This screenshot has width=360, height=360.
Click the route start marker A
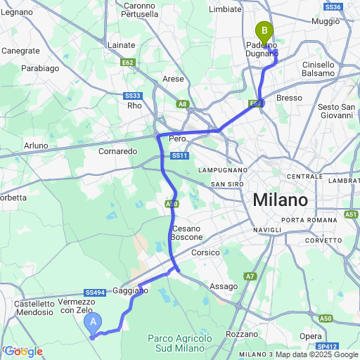click(93, 323)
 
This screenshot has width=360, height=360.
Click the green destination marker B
click(264, 31)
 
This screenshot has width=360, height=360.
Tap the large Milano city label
click(281, 200)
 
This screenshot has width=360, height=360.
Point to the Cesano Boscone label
click(187, 233)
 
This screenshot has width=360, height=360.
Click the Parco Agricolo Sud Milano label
click(181, 343)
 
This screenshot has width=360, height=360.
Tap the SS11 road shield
click(179, 155)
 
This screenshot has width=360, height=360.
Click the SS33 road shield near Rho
click(134, 96)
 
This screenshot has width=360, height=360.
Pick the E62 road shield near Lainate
click(127, 62)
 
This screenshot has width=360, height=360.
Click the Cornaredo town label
click(117, 150)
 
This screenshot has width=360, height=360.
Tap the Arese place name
click(173, 79)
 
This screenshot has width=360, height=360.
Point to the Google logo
click(23, 351)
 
